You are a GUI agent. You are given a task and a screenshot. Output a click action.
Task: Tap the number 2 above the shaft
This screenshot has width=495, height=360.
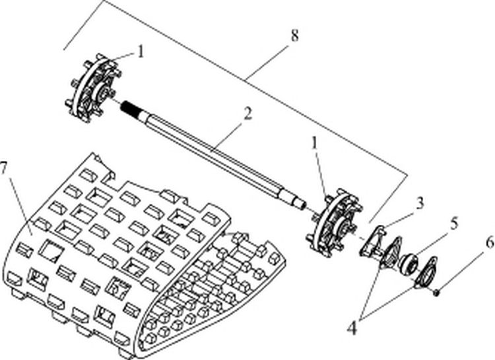pyautogui.click(x=247, y=113)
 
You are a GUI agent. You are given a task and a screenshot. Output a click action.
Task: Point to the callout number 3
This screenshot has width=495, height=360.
pyautogui.click(x=418, y=204)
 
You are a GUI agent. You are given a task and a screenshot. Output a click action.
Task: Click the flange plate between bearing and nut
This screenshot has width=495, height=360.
pyautogui.click(x=427, y=274)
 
